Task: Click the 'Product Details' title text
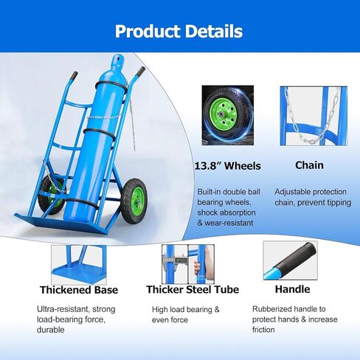pos(179,32)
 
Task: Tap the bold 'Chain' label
pos(309,166)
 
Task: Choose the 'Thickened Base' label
pos(79,290)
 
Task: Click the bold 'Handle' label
pos(292,290)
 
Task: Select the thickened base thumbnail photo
pos(78,263)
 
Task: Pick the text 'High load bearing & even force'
pos(186,314)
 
